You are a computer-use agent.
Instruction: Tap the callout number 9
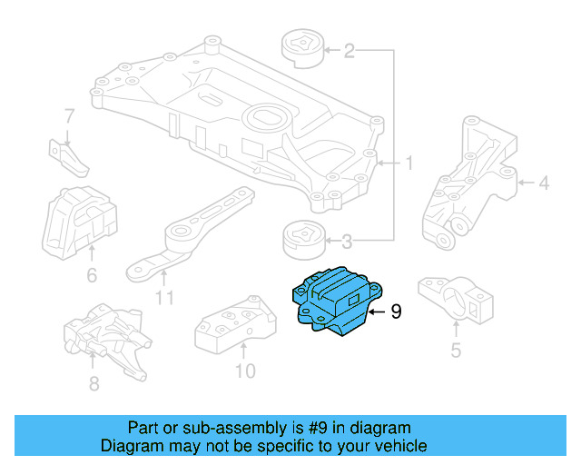[395, 312]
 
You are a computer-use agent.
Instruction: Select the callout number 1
[409, 163]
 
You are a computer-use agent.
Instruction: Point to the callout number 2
[350, 51]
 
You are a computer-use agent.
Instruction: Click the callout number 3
[348, 242]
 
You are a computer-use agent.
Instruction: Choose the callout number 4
[543, 184]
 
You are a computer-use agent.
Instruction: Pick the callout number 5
[456, 350]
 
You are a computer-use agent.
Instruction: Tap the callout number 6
[91, 275]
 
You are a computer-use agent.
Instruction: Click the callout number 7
[69, 115]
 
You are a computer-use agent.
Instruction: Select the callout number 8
[94, 384]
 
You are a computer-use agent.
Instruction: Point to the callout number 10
[245, 371]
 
